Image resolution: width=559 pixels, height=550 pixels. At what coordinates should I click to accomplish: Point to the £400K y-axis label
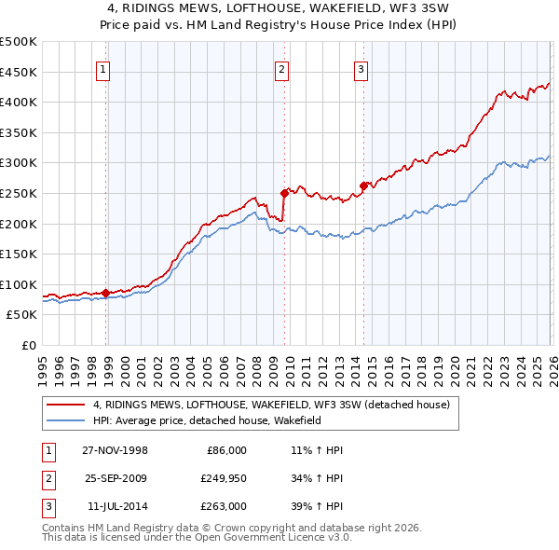pyautogui.click(x=19, y=102)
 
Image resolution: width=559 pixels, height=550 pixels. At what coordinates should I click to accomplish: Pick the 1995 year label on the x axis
pyautogui.click(x=43, y=364)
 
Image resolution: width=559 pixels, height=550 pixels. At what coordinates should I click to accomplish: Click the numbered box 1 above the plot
pyautogui.click(x=102, y=68)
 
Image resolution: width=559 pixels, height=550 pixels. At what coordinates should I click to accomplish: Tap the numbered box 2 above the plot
pyautogui.click(x=281, y=68)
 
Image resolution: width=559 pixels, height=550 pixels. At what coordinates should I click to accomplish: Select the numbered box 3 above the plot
pyautogui.click(x=360, y=68)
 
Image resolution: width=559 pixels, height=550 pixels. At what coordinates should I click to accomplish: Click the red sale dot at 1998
pyautogui.click(x=106, y=293)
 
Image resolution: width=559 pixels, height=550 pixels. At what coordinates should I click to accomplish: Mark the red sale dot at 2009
pyautogui.click(x=284, y=193)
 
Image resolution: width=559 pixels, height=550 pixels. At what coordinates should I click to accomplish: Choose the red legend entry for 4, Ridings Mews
pyautogui.click(x=271, y=404)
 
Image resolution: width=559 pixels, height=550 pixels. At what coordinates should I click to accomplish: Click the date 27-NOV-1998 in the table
pyautogui.click(x=115, y=449)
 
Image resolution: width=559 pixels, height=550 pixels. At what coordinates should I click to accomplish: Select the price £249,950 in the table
pyautogui.click(x=223, y=478)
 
